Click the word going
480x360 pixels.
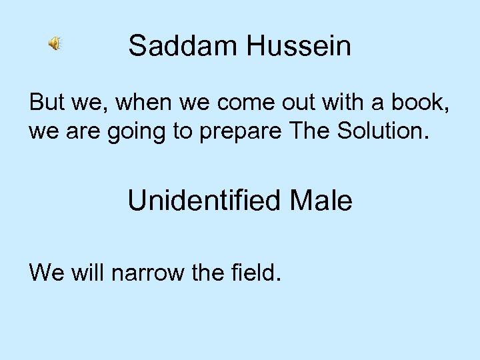(135, 131)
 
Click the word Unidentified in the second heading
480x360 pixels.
(200, 201)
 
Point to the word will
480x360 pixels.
(85, 271)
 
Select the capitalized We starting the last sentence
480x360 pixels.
(45, 271)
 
